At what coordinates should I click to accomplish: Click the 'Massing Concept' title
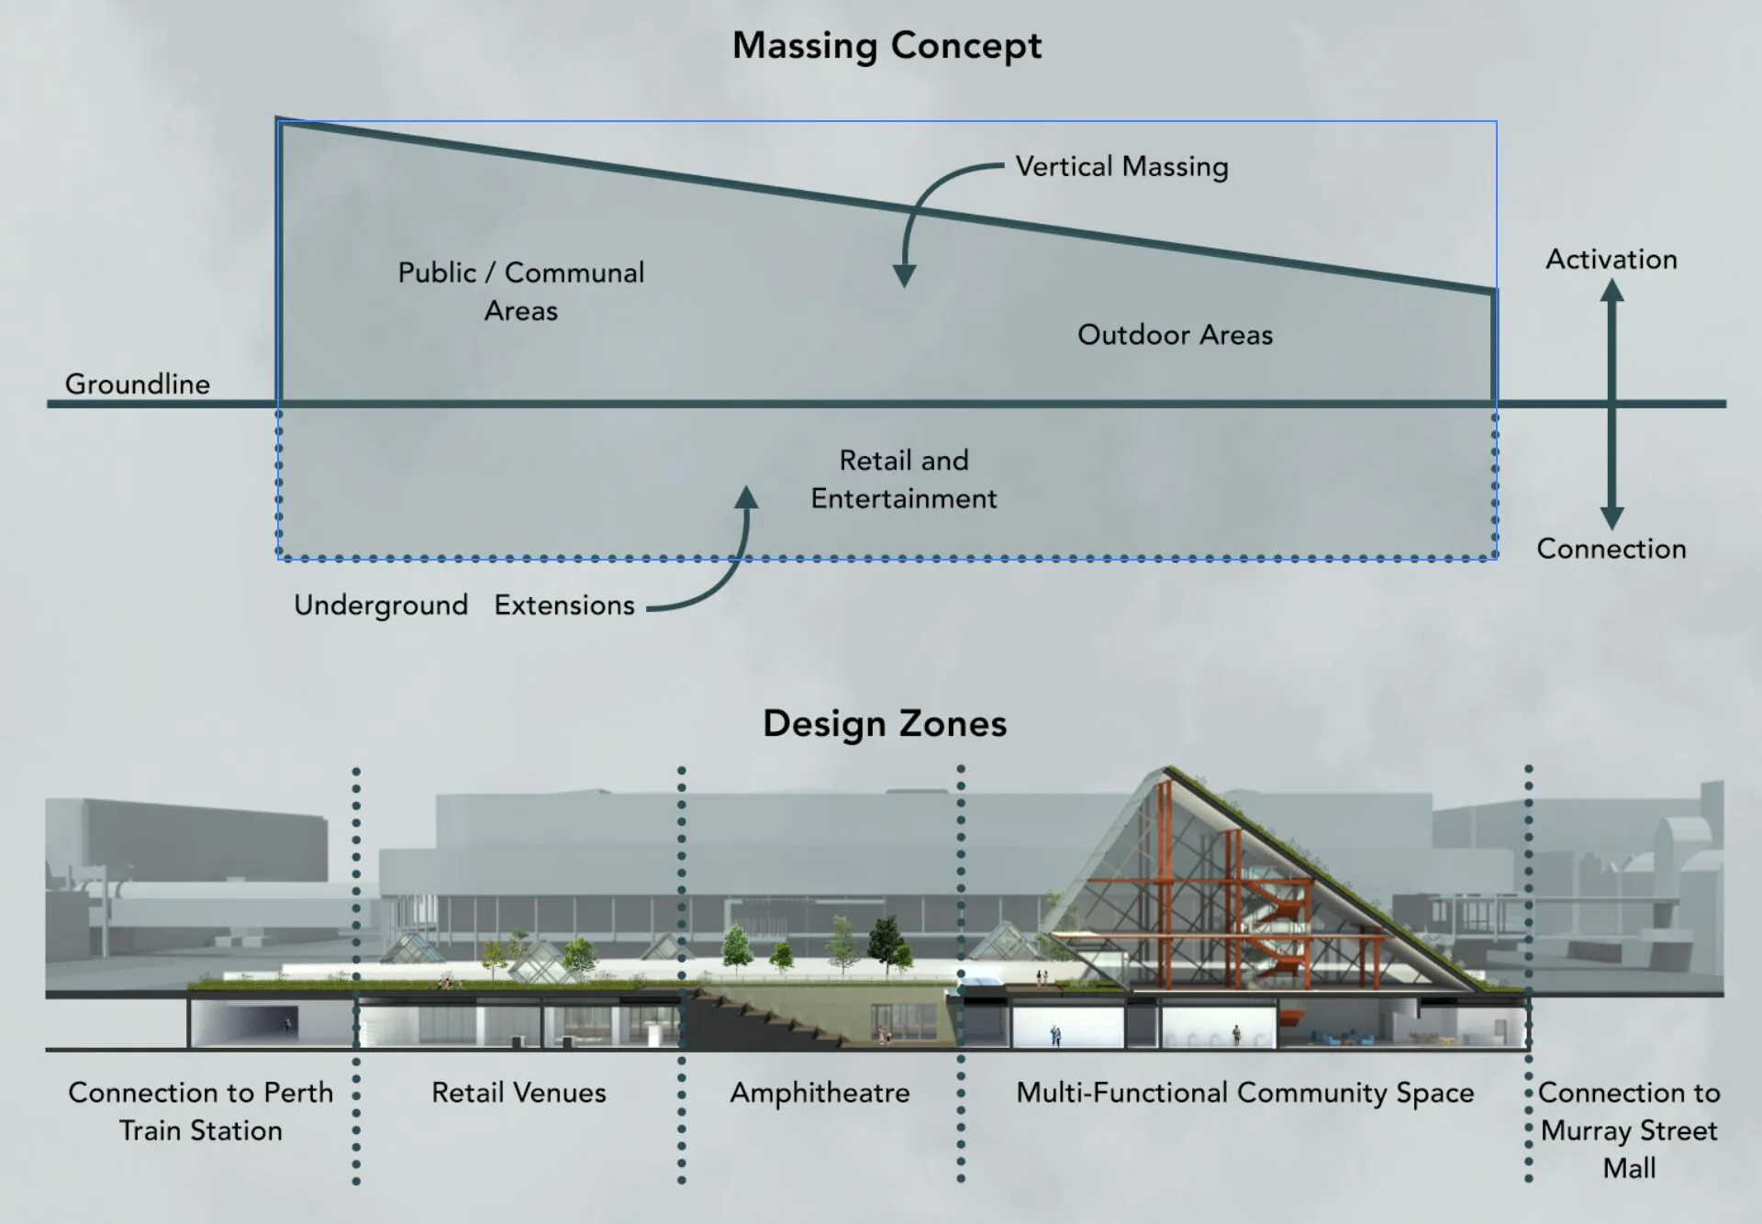887,45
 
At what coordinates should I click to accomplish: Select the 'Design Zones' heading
885,723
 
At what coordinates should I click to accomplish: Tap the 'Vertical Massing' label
1121,166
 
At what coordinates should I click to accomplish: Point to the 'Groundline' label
137,384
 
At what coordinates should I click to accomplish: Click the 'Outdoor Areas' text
1175,335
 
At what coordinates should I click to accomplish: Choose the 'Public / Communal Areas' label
521,291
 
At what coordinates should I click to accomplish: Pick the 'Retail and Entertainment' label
904,479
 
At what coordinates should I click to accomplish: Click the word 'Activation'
1611,259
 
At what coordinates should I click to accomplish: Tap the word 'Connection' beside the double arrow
1611,549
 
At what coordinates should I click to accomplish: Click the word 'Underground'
381,606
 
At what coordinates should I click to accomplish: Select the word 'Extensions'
564,606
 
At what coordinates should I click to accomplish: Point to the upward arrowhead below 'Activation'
1612,290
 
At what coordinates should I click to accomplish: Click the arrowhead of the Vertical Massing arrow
904,276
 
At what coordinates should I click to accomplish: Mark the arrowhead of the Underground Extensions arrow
747,497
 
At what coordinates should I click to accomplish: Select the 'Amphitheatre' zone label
820,1093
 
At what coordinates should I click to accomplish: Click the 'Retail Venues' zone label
519,1093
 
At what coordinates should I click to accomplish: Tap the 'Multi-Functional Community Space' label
1244,1093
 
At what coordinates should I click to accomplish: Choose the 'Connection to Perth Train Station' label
200,1111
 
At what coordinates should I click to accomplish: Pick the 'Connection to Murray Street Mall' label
1629,1130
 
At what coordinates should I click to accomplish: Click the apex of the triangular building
1166,770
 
